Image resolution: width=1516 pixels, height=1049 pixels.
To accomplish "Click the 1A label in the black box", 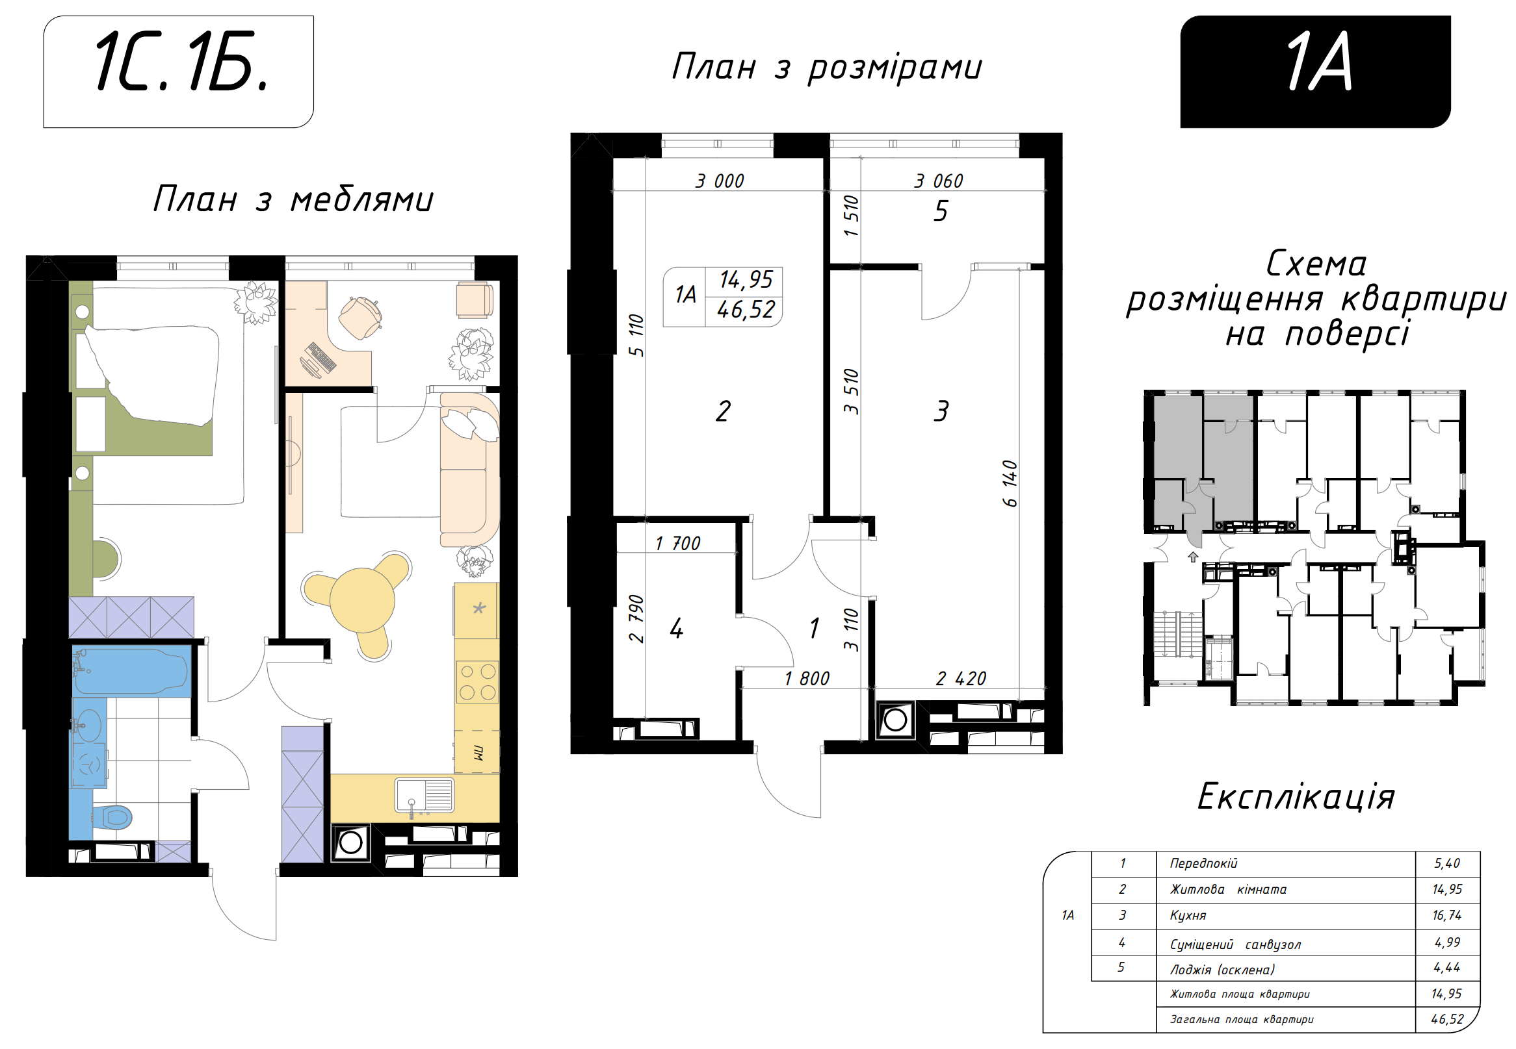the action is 1318,62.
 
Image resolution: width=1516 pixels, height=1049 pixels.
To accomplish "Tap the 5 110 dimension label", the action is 636,335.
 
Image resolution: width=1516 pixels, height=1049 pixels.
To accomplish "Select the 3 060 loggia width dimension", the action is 938,181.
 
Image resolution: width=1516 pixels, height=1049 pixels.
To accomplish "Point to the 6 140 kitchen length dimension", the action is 1010,484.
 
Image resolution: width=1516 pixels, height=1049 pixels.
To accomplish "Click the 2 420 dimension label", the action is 961,678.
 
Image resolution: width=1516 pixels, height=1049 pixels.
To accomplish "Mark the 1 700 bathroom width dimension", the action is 677,544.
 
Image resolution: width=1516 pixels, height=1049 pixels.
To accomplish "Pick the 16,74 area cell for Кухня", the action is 1447,915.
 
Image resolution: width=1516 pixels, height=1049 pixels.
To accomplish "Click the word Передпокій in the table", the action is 1203,863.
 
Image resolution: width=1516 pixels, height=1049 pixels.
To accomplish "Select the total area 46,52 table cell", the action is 1447,1019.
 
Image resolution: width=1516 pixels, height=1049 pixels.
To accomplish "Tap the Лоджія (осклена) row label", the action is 1222,970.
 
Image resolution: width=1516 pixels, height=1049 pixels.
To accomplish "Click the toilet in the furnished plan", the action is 112,818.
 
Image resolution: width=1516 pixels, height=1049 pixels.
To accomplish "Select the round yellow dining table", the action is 361,600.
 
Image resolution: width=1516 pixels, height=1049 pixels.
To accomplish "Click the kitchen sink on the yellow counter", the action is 425,796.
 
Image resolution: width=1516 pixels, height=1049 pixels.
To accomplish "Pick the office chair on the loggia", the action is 360,318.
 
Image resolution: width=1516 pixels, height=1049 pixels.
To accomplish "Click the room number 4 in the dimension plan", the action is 676,629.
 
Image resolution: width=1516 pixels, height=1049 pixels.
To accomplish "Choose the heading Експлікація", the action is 1296,797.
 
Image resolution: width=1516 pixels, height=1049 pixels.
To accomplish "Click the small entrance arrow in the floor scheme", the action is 1193,557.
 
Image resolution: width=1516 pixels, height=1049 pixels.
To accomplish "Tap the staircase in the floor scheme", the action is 1177,633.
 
